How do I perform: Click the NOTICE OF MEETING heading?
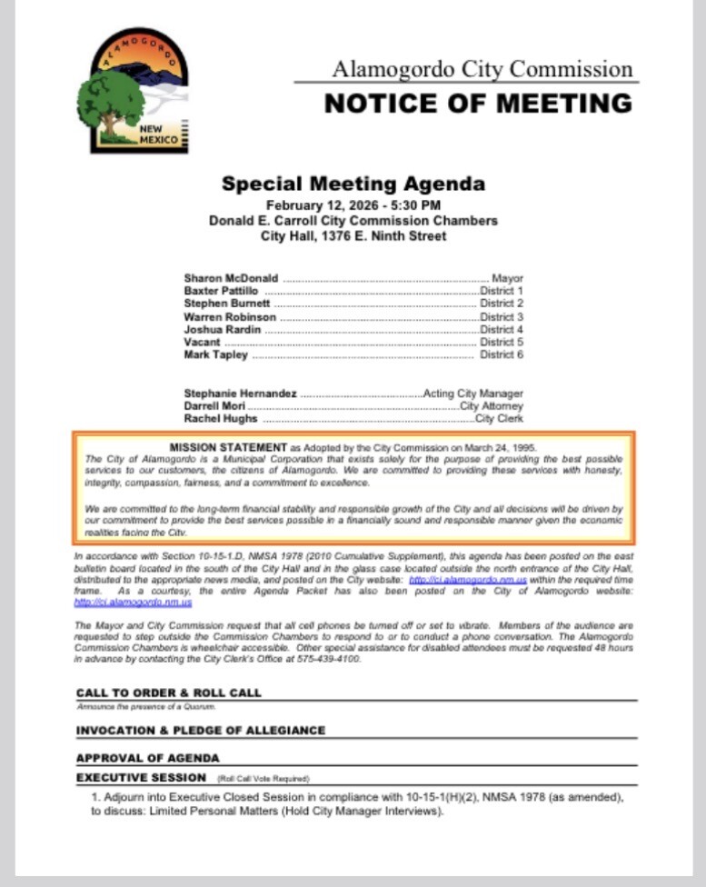point(478,103)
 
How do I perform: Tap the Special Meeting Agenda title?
point(353,184)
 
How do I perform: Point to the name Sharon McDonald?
point(231,278)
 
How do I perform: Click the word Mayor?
point(507,278)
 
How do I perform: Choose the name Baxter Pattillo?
point(221,291)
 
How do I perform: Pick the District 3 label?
point(502,317)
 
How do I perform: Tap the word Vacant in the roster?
point(202,343)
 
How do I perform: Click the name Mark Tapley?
point(215,355)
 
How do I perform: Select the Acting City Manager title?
point(473,394)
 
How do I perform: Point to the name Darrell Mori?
point(216,406)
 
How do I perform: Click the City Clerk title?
point(499,419)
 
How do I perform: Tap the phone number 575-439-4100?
point(334,659)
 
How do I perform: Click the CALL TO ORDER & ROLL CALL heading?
point(168,693)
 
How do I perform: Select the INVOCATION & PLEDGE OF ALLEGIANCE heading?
point(200,730)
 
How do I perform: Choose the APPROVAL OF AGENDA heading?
point(147,757)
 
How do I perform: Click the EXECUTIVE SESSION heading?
point(141,778)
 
